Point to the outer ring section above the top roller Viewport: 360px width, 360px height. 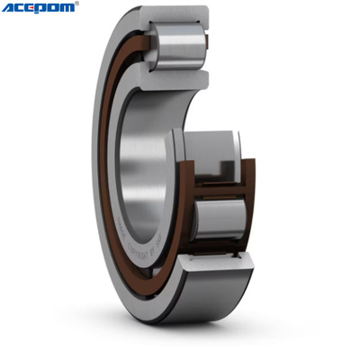tap(175, 16)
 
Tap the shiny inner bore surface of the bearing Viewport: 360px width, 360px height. tap(148, 153)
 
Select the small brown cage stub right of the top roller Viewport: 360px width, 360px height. tap(209, 47)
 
